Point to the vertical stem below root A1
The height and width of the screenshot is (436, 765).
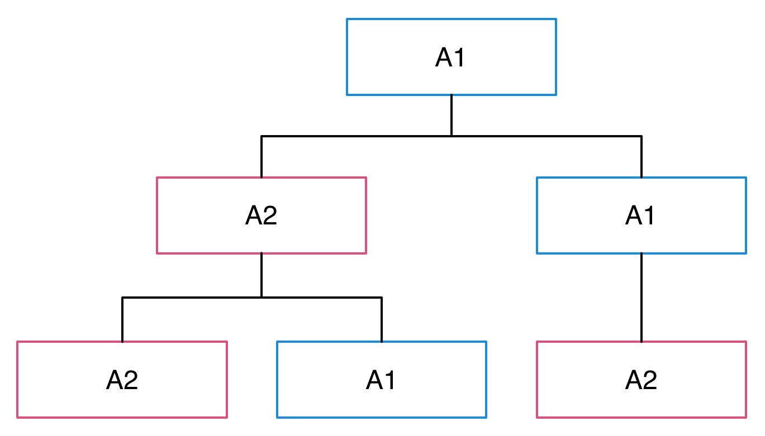[x=452, y=115]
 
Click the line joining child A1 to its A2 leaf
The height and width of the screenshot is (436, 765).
[x=642, y=297]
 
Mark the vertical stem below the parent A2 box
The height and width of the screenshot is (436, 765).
[x=262, y=275]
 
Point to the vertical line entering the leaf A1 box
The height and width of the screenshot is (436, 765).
[x=382, y=320]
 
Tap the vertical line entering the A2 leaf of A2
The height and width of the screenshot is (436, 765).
[x=122, y=320]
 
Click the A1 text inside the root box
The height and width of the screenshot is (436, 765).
[x=450, y=58]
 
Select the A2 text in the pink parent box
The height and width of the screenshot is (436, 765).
[x=261, y=216]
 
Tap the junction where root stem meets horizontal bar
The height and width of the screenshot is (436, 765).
[x=452, y=136]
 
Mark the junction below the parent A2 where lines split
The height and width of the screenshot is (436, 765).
[x=262, y=298]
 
